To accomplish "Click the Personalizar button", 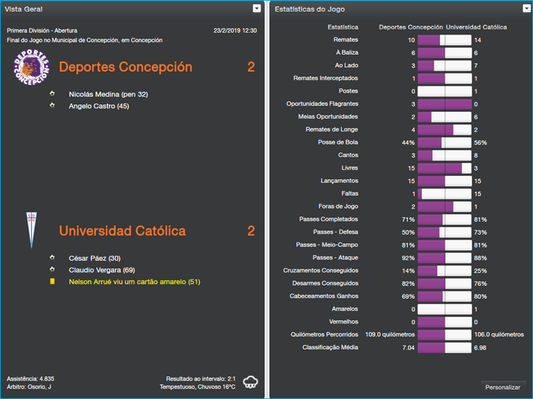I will [x=503, y=387].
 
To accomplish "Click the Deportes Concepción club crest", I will [x=32, y=67].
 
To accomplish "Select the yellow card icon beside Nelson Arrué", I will [x=53, y=282].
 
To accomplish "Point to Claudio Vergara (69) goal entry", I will [x=102, y=270].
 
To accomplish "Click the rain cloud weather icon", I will [x=251, y=382].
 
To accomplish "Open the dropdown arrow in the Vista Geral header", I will [x=257, y=9].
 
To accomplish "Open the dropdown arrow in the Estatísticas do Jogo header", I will [x=526, y=9].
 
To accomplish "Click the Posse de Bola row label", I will [x=338, y=143].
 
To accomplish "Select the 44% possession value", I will [x=408, y=143].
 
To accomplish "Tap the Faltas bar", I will [x=444, y=194].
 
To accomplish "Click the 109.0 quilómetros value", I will [x=390, y=334].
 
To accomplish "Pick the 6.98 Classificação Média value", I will [x=480, y=347].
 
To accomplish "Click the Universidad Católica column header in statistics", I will [x=476, y=27].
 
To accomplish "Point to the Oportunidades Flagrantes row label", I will [x=322, y=104].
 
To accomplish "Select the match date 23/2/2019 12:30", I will [x=235, y=31].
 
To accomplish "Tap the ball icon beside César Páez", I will [x=53, y=258].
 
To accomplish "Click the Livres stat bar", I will [x=444, y=168].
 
